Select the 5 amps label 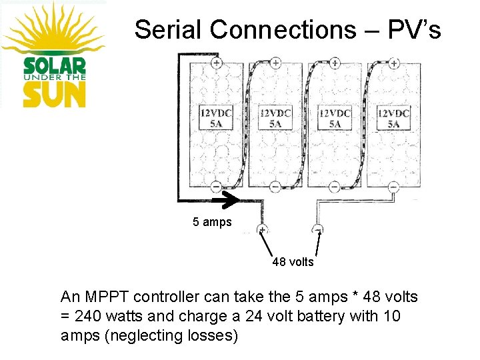tap(212, 222)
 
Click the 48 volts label tap(293, 262)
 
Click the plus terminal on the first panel tap(217, 63)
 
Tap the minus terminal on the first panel tap(217, 187)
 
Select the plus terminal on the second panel tap(275, 63)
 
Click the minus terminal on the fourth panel tap(393, 187)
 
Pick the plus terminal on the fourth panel tap(393, 63)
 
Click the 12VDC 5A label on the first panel tap(216, 118)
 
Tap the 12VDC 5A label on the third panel tap(334, 118)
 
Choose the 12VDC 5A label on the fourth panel tap(393, 118)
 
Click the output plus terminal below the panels tap(263, 230)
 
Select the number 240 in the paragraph tap(85, 316)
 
